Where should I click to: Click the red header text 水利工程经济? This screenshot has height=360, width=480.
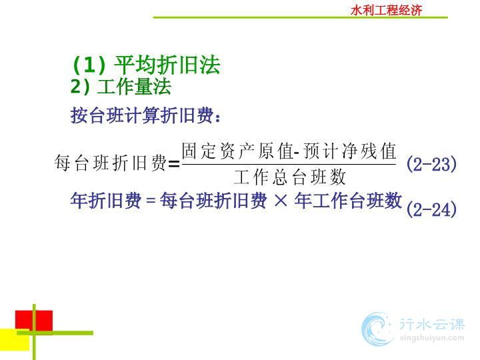point(386,11)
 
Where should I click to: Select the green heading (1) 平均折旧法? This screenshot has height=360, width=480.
point(147,65)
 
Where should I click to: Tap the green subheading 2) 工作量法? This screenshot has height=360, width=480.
point(121,87)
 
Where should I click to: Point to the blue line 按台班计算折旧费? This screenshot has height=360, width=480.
point(145,115)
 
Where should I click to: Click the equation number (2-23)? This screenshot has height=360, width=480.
point(431,164)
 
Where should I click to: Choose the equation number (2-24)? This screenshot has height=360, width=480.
point(431,210)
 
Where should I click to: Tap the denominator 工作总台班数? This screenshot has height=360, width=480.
point(289,177)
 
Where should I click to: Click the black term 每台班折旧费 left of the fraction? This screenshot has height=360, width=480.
point(111,162)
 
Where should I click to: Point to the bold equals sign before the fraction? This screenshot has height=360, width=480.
point(174,165)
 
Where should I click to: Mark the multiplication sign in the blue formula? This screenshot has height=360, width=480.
point(281,201)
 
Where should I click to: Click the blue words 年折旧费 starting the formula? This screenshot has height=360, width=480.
point(106,201)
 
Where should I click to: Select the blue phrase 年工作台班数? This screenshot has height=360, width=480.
point(348,201)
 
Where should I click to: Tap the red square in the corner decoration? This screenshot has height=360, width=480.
point(34,321)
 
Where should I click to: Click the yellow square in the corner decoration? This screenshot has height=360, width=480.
point(15,339)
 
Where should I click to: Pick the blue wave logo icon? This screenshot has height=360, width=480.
point(377,329)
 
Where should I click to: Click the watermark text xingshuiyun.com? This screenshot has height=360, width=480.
point(432,338)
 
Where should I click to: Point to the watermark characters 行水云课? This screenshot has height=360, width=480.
point(432,324)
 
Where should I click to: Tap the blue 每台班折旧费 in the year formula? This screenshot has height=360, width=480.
point(213,201)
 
